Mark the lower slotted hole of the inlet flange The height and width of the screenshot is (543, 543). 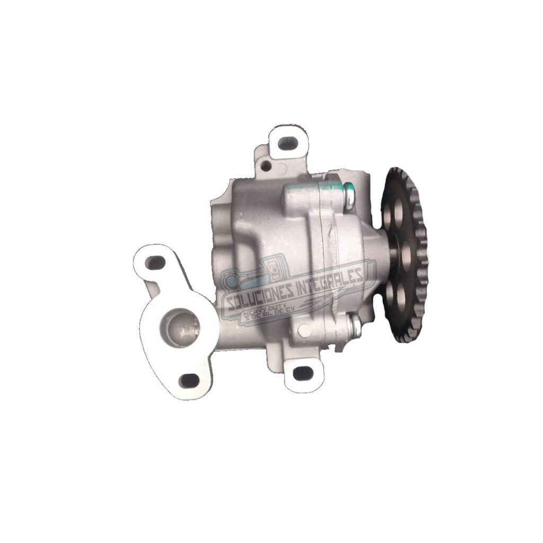pos(189,380)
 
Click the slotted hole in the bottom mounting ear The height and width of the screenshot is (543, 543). pos(302,373)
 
